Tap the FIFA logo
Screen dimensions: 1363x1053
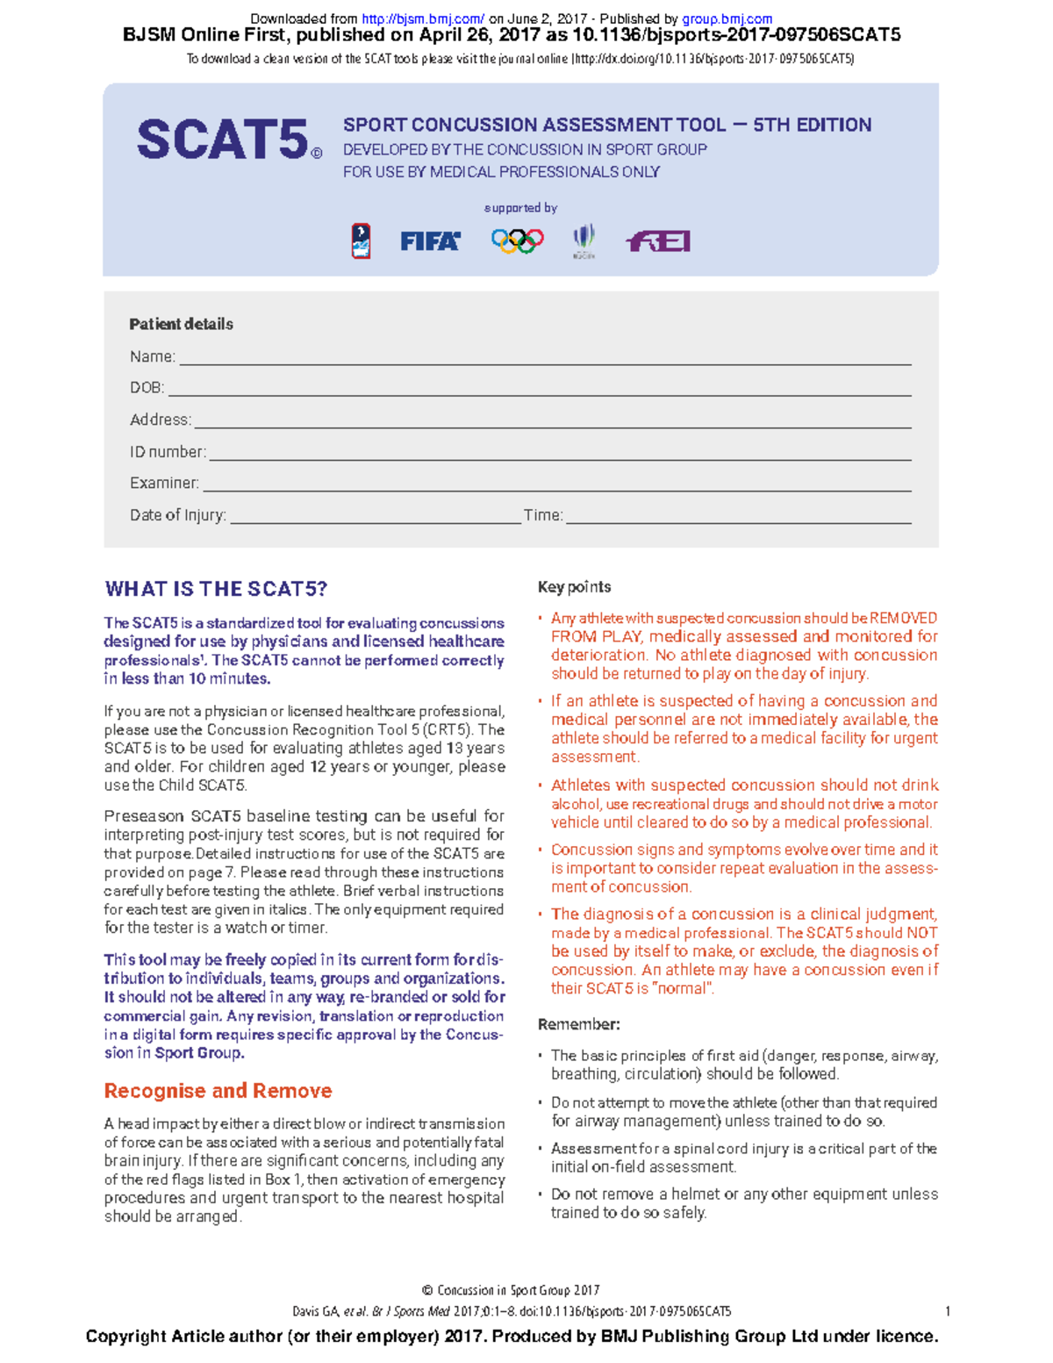430,241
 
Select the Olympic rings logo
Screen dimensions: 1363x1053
517,240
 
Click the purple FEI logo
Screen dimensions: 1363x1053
658,241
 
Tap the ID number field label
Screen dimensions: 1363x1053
168,452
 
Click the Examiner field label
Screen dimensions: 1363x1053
164,484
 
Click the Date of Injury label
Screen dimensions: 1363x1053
178,515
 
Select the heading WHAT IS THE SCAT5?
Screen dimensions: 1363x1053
216,589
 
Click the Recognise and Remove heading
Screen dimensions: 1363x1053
218,1091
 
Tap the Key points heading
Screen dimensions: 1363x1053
574,587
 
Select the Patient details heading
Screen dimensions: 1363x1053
181,324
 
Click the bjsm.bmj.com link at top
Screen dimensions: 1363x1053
423,18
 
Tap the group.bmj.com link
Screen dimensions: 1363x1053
727,18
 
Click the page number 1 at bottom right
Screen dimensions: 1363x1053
948,1311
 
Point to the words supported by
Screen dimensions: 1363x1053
520,208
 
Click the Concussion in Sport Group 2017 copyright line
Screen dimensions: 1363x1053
511,1290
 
